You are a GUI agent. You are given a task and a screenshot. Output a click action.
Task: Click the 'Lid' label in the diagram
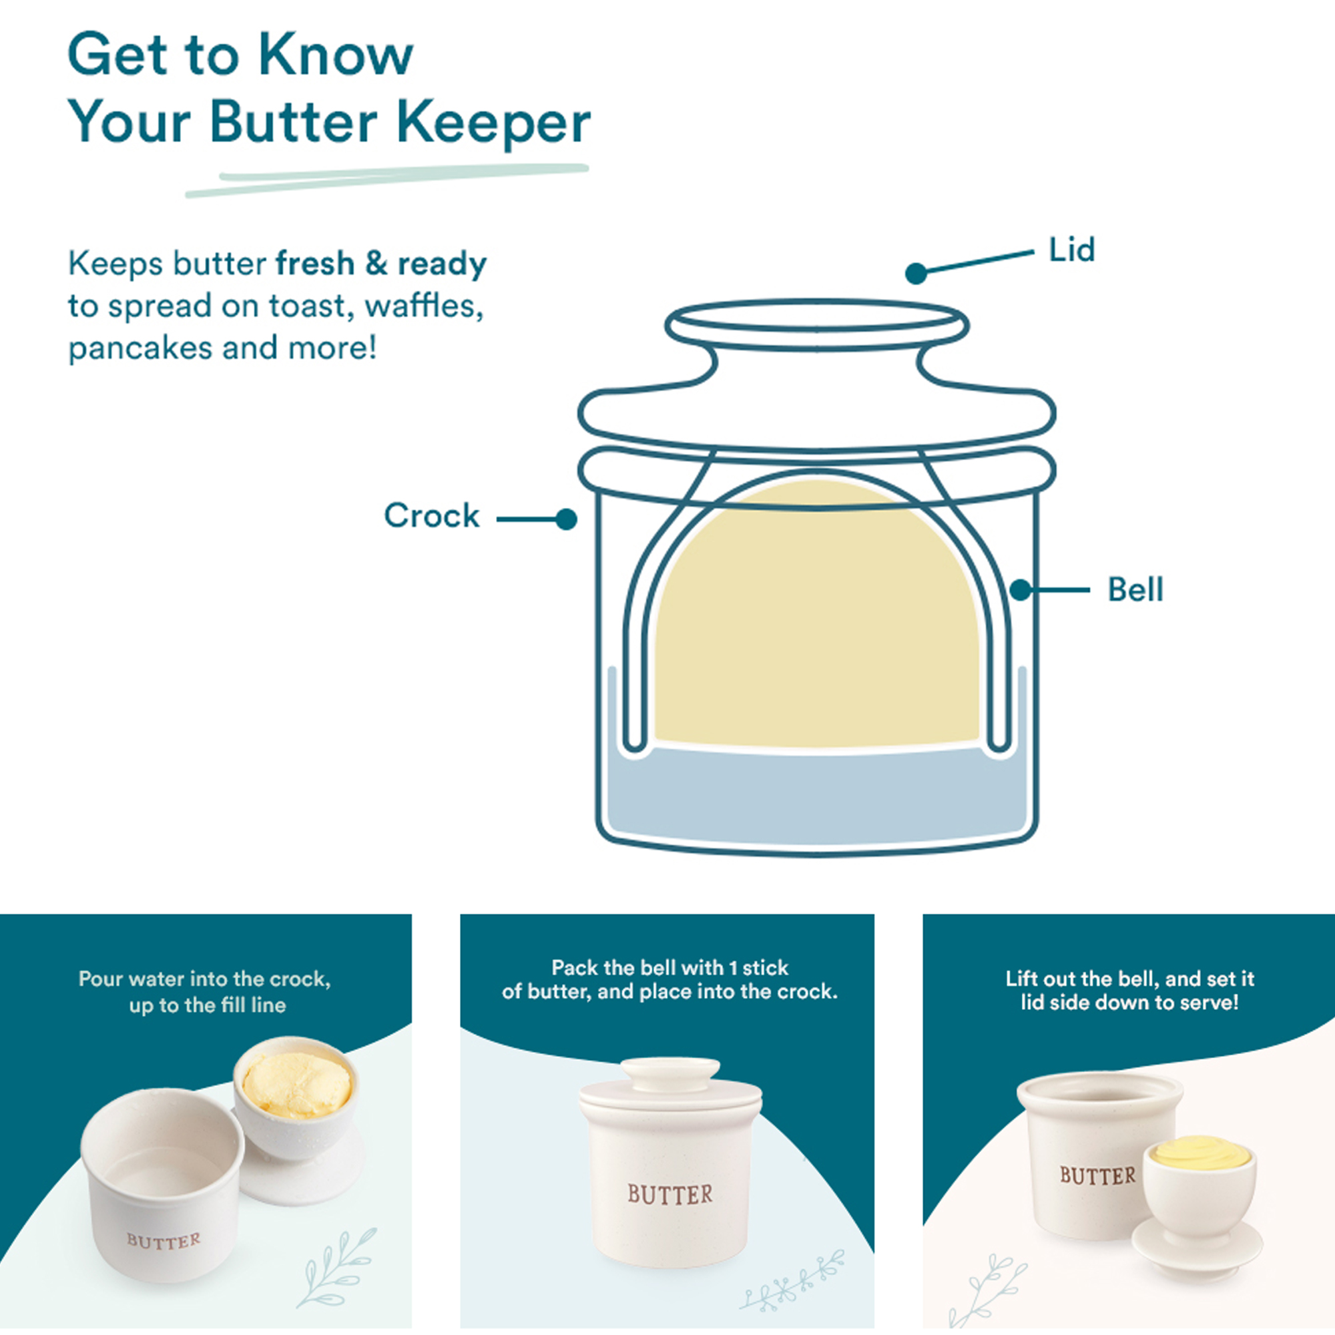[x=1072, y=250]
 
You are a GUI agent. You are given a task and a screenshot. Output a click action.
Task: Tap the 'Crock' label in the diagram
[x=431, y=515]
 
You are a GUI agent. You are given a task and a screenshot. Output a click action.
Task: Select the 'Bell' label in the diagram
[x=1135, y=589]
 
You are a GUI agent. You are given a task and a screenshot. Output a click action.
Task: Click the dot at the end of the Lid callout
[x=916, y=274]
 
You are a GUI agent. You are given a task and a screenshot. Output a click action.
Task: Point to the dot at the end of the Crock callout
[x=567, y=519]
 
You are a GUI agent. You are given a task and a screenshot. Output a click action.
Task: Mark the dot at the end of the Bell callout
[x=1021, y=590]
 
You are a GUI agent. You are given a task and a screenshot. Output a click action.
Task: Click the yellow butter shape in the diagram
[x=817, y=622]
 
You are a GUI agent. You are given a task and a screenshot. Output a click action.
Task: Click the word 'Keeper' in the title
[x=493, y=123]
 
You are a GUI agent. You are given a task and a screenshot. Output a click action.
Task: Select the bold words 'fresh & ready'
[x=380, y=263]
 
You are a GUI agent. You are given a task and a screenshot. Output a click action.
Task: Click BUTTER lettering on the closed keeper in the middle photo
[x=670, y=1194]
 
